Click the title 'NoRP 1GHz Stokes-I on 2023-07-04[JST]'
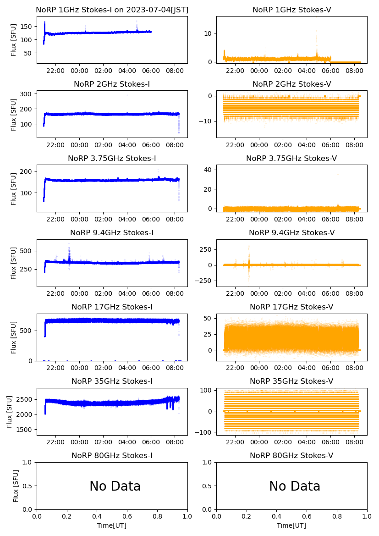click(x=112, y=10)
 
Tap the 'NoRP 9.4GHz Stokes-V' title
click(x=291, y=232)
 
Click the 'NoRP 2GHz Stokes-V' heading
click(x=291, y=84)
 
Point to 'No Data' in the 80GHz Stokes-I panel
click(x=115, y=486)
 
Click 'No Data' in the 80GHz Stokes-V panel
click(x=295, y=486)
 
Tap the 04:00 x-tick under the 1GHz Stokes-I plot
click(x=127, y=71)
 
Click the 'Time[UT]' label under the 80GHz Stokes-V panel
click(x=291, y=525)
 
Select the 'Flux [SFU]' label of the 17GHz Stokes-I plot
click(x=14, y=337)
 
